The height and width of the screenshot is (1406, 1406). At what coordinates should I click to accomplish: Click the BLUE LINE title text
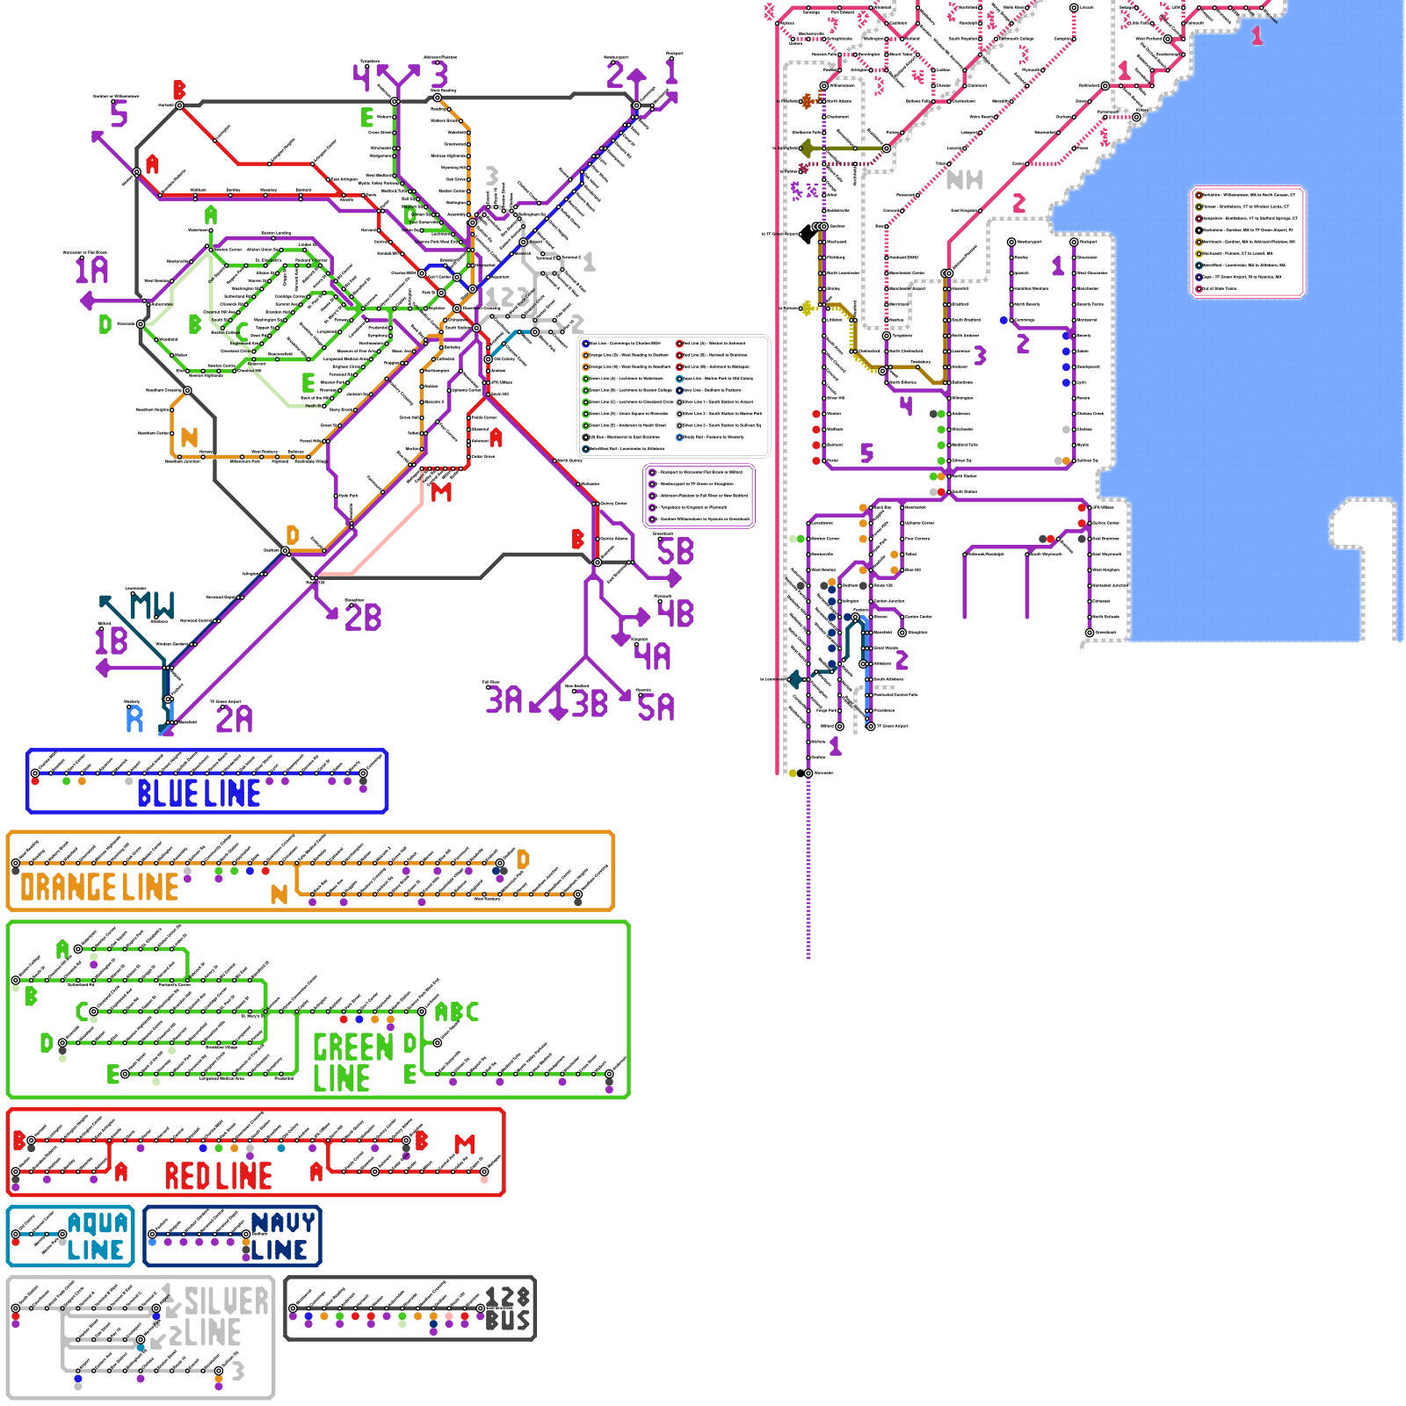click(x=199, y=794)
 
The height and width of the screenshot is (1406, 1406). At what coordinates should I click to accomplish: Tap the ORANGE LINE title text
click(x=99, y=888)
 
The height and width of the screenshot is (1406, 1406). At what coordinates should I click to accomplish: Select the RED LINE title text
click(x=218, y=1176)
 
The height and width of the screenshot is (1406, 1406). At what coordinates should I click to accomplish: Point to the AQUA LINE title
click(x=97, y=1236)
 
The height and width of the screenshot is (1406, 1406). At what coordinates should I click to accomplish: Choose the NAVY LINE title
click(x=281, y=1236)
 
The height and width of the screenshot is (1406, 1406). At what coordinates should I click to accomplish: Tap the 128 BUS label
click(x=508, y=1309)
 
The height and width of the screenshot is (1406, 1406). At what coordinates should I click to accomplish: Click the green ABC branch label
click(x=457, y=1012)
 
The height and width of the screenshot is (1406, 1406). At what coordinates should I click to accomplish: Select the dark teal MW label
click(x=152, y=605)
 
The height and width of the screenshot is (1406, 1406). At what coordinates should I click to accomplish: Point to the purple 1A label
click(x=91, y=270)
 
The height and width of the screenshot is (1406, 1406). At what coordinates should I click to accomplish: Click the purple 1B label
click(x=112, y=641)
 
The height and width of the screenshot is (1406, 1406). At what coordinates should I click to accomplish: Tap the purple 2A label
click(x=234, y=720)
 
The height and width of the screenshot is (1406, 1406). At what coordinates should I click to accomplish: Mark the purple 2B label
click(x=363, y=617)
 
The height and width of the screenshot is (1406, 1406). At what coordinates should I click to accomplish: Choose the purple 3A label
click(x=504, y=699)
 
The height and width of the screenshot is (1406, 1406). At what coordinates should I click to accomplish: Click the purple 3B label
click(x=591, y=704)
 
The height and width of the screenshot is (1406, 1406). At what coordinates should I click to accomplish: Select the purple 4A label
click(x=653, y=656)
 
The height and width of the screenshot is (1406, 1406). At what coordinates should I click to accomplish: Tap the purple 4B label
click(x=676, y=612)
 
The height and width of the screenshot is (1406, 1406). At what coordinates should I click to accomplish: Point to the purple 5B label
click(x=675, y=552)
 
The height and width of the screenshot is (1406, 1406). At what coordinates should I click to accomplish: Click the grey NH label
click(x=964, y=180)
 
